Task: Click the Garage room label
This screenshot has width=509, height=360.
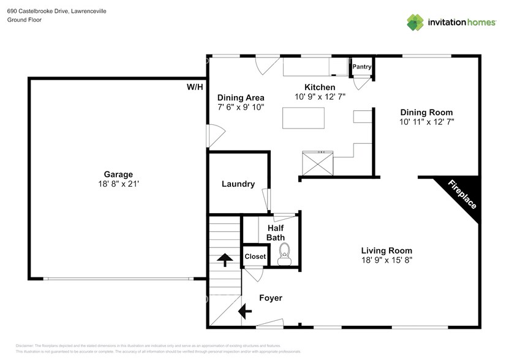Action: click(118, 174)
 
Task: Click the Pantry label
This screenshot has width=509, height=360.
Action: click(362, 67)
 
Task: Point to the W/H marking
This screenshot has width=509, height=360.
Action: click(195, 88)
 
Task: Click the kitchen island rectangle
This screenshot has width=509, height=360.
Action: click(303, 117)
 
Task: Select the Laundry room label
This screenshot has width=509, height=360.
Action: click(238, 184)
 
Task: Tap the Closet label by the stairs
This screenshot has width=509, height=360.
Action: click(255, 257)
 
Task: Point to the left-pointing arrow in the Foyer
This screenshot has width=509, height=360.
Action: click(245, 312)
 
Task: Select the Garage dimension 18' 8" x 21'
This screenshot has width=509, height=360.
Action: click(118, 184)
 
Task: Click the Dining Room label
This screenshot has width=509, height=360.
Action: click(426, 112)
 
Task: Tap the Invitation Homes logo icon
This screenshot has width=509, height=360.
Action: click(416, 23)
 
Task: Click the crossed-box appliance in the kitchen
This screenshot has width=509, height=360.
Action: click(317, 163)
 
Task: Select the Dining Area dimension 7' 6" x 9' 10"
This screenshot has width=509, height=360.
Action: click(241, 107)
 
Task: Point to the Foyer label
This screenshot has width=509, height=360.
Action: click(271, 298)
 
